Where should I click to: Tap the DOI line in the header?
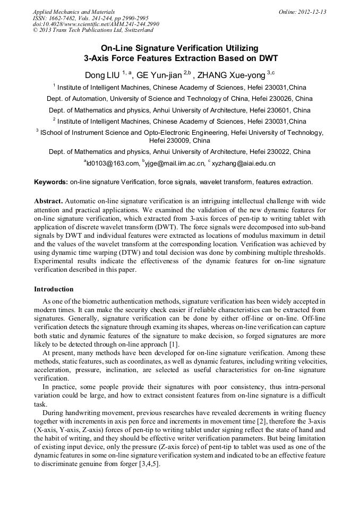96,24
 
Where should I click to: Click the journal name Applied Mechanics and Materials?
73,12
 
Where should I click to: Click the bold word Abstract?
49,202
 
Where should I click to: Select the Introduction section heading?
54,289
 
